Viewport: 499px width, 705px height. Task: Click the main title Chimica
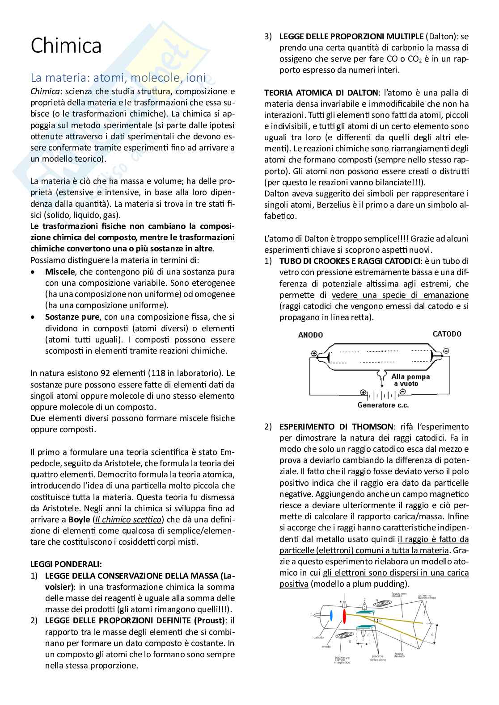(x=66, y=46)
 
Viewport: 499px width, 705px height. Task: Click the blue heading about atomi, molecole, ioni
(x=118, y=78)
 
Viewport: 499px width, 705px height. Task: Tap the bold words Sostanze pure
(x=72, y=317)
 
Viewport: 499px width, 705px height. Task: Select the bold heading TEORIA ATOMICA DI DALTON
(x=321, y=93)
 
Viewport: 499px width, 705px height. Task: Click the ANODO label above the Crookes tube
(x=310, y=335)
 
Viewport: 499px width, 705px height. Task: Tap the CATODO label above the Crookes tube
(x=447, y=334)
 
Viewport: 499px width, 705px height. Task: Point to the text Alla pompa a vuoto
(x=410, y=380)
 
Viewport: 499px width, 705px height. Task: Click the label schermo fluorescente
(x=427, y=597)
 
